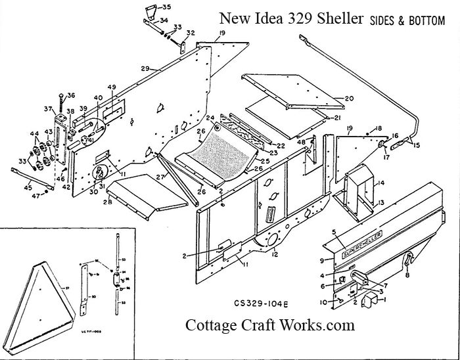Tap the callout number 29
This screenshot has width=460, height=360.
(145, 68)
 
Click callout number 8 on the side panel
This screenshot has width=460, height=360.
(407, 277)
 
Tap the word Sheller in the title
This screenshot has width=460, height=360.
(337, 19)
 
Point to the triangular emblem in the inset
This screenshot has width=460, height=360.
(49, 287)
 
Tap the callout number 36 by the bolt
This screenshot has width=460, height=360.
(71, 95)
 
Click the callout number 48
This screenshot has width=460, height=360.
(301, 142)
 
